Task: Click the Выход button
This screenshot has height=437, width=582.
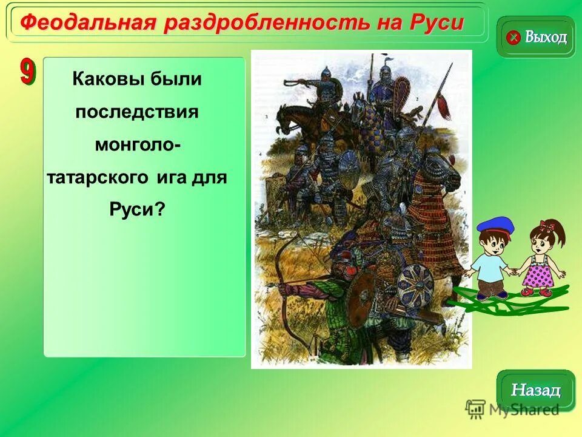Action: click(536, 38)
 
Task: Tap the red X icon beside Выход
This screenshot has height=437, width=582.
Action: click(513, 38)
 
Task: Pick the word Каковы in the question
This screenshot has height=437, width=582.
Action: click(105, 79)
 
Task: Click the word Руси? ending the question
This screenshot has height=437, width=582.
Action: click(137, 210)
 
